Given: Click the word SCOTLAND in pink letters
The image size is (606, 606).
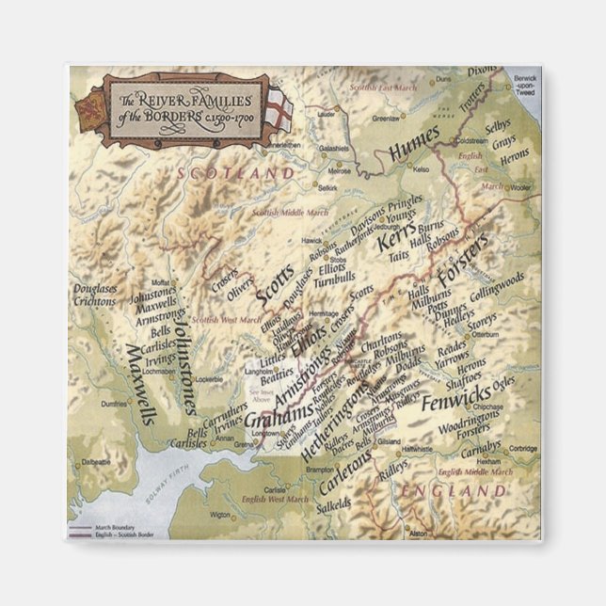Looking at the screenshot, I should coord(234,174).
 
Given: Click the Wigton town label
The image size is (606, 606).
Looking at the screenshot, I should coord(218,515).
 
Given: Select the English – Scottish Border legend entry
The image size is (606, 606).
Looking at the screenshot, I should coord(119,535).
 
